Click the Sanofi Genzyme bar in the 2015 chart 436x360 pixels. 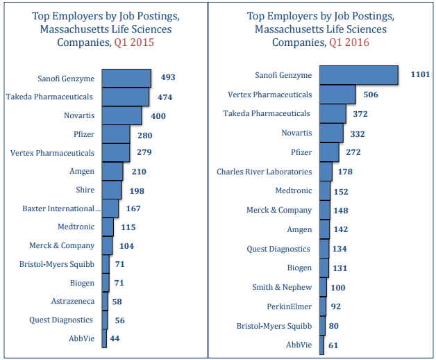[126, 78]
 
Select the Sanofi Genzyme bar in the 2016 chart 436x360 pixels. [358, 75]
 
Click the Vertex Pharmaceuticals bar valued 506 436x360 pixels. [337, 95]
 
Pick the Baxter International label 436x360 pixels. [61, 208]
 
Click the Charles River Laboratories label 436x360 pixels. [265, 171]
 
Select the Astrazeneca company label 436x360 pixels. [72, 302]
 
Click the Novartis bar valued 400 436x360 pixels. [121, 115]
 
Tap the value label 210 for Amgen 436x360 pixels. [139, 172]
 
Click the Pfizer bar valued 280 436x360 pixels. [116, 134]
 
